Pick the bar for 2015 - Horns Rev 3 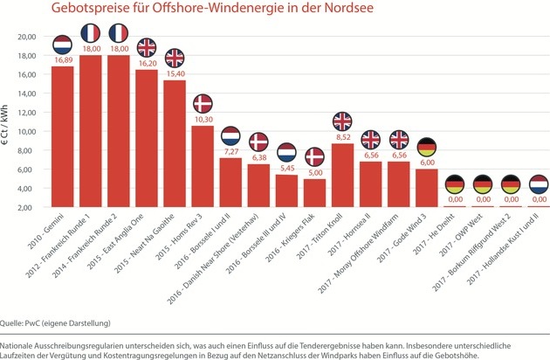[x=203, y=166]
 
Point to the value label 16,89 [x=63, y=61]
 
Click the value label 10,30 [x=203, y=118]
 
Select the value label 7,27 [x=230, y=150]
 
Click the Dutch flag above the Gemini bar [x=63, y=45]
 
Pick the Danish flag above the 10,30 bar [x=203, y=103]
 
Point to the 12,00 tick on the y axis [x=29, y=113]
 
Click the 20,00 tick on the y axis [x=29, y=38]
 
